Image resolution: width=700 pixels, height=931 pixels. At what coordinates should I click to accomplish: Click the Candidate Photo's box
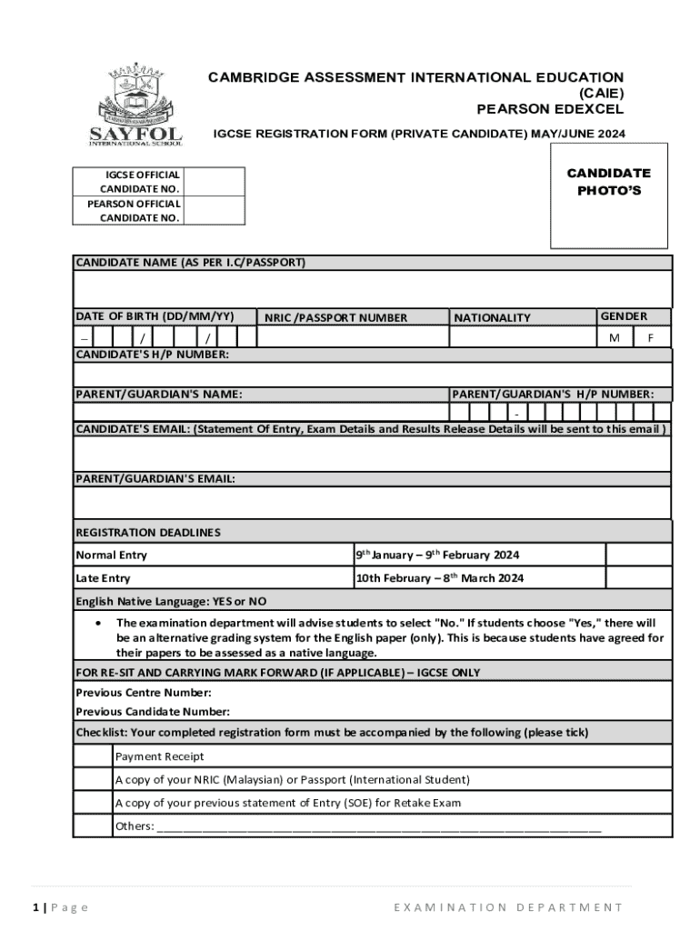[x=609, y=195]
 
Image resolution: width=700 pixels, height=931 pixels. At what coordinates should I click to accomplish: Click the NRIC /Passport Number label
[x=336, y=317]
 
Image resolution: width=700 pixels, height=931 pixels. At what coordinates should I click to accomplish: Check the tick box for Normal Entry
[x=638, y=555]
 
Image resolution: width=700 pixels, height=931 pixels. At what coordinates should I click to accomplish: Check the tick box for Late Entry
[x=638, y=578]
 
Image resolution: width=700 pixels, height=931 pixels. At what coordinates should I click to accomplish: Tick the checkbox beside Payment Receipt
[x=93, y=756]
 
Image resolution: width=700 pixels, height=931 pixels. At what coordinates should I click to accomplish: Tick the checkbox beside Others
[x=93, y=826]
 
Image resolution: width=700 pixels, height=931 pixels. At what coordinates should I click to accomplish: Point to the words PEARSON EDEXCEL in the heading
[x=550, y=109]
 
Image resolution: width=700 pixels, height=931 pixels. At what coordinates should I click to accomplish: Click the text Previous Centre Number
[x=144, y=692]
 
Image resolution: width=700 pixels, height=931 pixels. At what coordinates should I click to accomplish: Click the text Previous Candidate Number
[x=152, y=712]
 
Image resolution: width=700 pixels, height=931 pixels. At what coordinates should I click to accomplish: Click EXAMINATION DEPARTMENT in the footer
[x=508, y=907]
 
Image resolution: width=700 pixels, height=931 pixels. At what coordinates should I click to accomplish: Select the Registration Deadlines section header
[x=148, y=532]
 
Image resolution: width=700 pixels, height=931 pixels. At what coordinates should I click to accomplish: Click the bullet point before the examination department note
[x=97, y=624]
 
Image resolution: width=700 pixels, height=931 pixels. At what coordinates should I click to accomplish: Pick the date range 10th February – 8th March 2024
[x=439, y=578]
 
